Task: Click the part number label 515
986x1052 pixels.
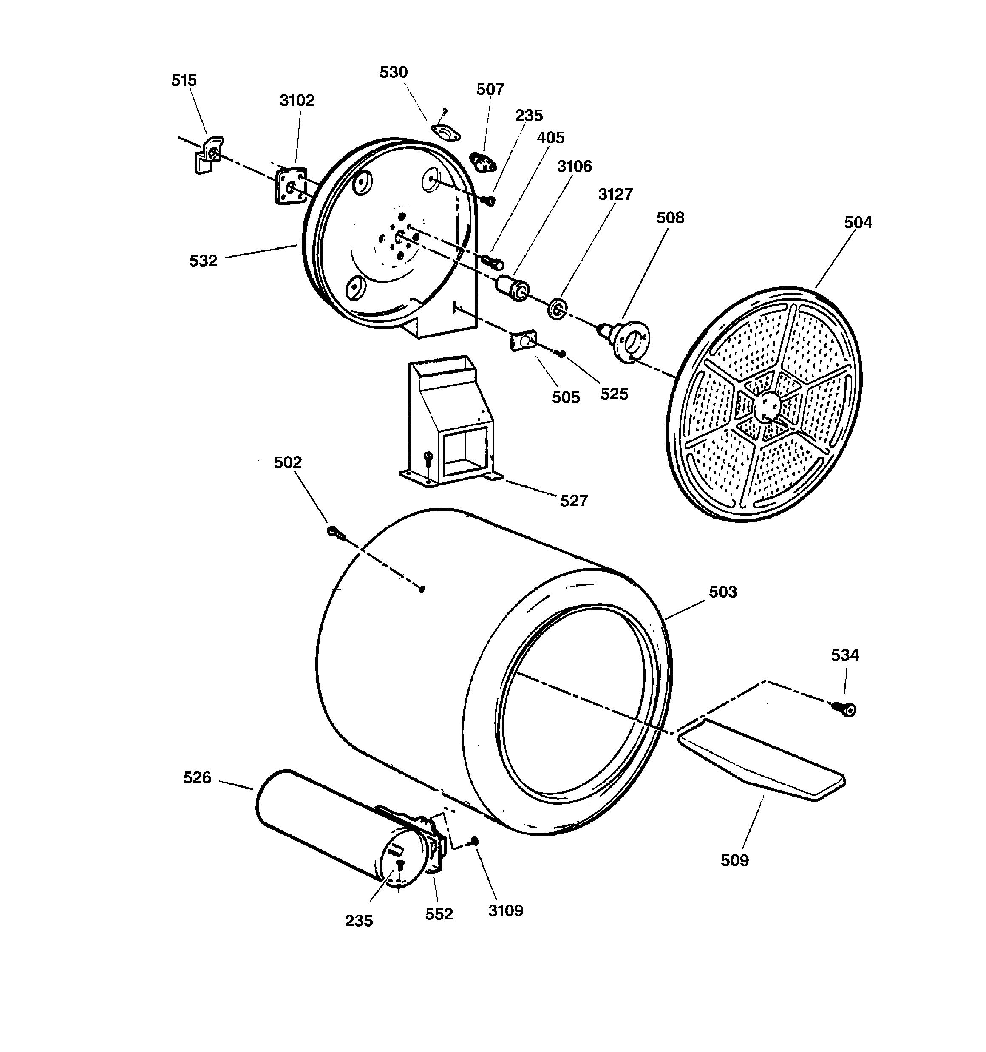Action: pyautogui.click(x=184, y=80)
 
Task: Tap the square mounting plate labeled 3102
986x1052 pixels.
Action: pyautogui.click(x=290, y=186)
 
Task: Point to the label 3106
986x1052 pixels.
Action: pyautogui.click(x=574, y=166)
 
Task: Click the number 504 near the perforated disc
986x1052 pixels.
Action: pyautogui.click(x=857, y=222)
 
